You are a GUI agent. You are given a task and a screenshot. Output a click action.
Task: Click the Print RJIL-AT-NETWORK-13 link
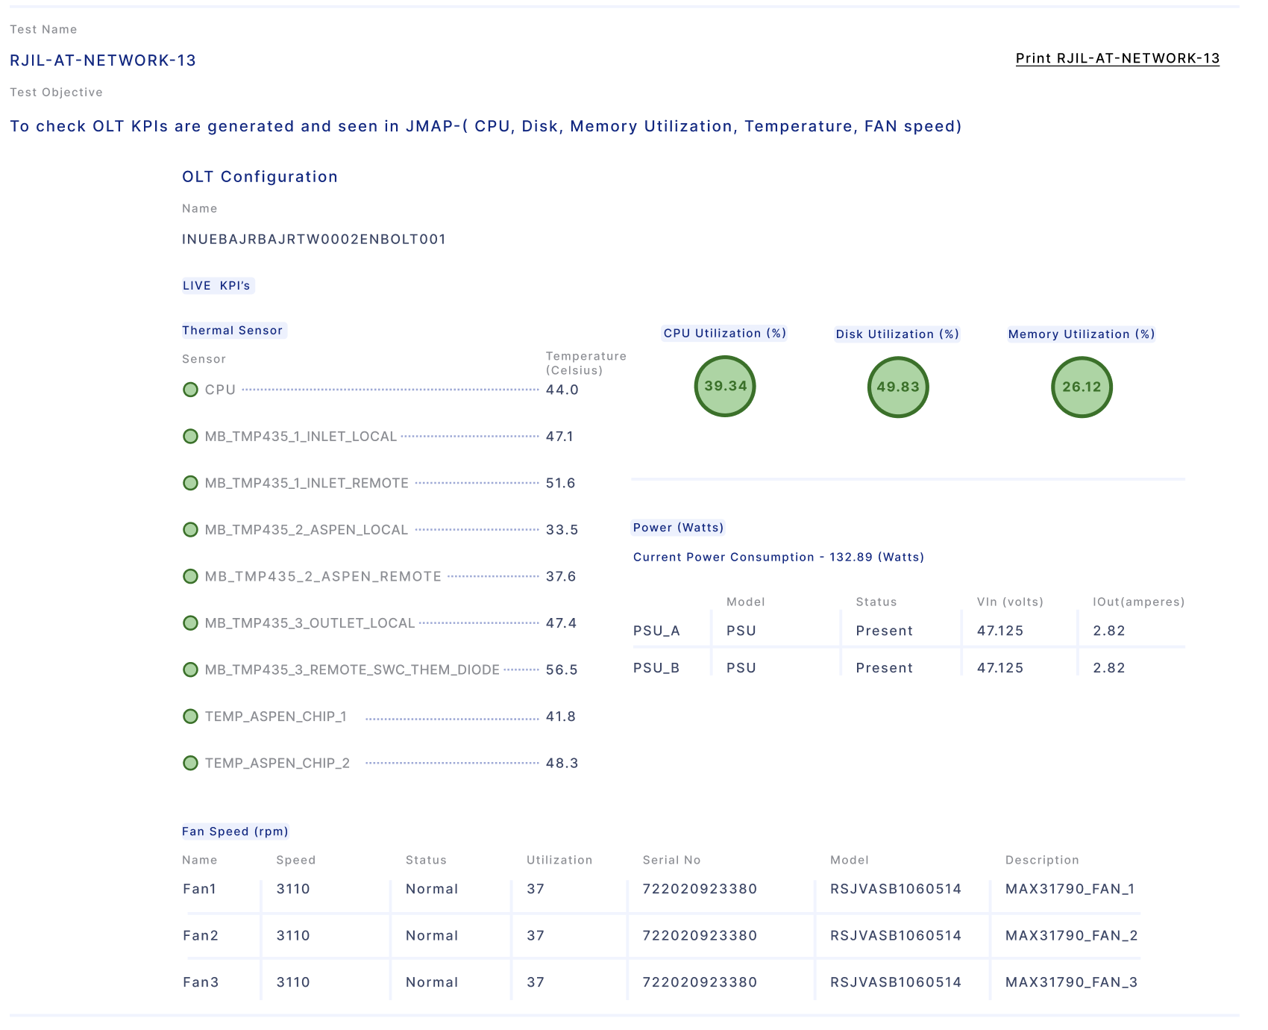[1117, 58]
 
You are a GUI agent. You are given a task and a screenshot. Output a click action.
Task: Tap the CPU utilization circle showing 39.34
[725, 386]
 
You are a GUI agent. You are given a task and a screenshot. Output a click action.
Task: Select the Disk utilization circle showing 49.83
[898, 387]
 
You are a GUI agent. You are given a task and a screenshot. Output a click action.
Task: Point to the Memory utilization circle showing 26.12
[1082, 387]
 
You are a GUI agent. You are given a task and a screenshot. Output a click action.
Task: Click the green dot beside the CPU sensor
[190, 390]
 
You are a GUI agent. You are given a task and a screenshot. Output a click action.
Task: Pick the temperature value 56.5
[562, 669]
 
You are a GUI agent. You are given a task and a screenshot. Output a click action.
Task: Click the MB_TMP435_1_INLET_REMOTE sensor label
[307, 483]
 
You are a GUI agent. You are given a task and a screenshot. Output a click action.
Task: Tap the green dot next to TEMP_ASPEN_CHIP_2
[190, 763]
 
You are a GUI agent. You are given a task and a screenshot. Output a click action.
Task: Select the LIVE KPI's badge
[217, 286]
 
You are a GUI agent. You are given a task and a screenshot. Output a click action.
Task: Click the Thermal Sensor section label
[233, 331]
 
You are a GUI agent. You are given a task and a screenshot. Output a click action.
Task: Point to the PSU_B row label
[656, 668]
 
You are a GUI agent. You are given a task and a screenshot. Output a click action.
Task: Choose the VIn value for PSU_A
[1000, 631]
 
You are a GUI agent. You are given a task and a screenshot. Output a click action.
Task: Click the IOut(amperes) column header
[1138, 602]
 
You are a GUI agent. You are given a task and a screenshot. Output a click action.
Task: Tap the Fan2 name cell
[201, 935]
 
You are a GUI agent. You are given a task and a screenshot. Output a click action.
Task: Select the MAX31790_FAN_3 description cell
[1071, 982]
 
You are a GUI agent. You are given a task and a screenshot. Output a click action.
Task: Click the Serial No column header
[671, 860]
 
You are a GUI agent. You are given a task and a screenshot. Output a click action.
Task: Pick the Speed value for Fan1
[293, 889]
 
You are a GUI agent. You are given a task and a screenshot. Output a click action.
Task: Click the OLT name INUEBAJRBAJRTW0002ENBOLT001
[314, 239]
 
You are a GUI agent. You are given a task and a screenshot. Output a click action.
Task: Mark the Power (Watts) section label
[678, 528]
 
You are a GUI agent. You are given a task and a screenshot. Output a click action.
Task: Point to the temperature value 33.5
[562, 530]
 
